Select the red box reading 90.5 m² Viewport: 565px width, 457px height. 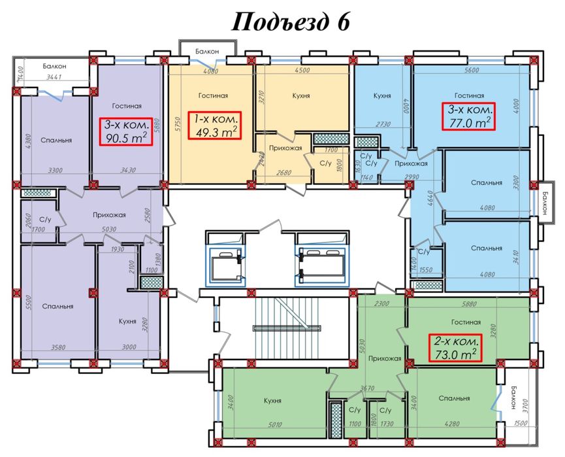[127, 131]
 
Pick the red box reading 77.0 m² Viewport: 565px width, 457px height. [470, 116]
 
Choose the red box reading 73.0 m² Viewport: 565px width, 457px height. [455, 348]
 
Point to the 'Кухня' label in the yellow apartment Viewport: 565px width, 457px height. [301, 96]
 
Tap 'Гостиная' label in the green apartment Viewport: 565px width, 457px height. [466, 322]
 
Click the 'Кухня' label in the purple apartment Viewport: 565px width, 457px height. [128, 321]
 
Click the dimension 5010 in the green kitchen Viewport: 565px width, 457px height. [274, 425]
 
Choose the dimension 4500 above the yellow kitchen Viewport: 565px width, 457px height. [302, 71]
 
